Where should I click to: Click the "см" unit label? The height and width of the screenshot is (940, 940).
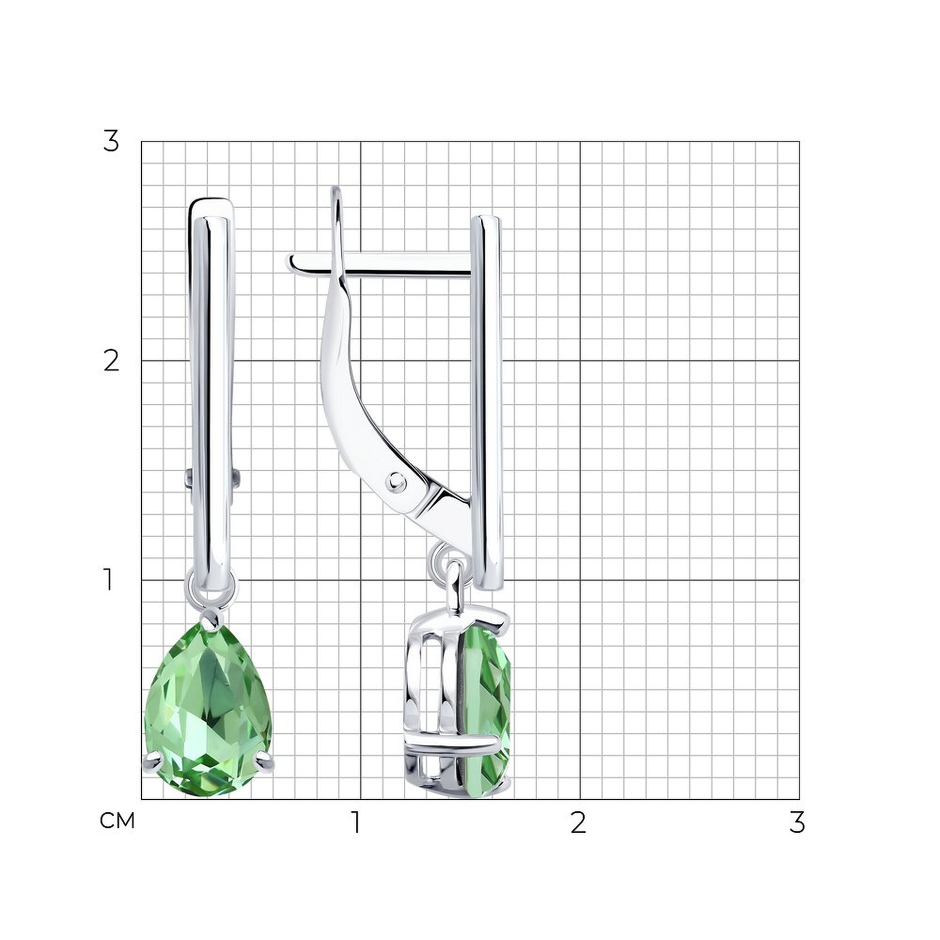tap(117, 821)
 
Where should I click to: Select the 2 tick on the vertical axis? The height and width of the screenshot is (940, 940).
tap(111, 361)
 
